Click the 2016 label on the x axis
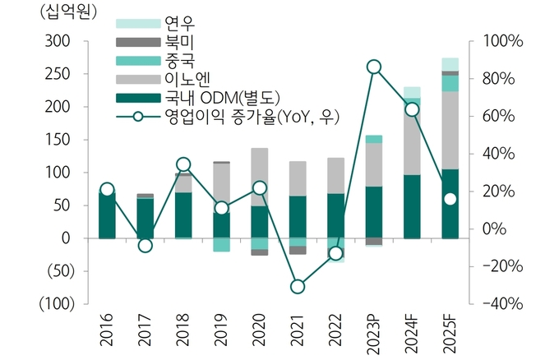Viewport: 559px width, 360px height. coord(107,332)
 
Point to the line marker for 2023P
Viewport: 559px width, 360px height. coord(374,67)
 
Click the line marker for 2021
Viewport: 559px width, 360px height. coord(298,286)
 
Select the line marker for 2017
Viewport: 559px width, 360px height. coord(145,245)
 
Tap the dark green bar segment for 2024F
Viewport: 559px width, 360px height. coord(412,206)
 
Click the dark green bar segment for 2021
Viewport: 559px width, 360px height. coord(298,217)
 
